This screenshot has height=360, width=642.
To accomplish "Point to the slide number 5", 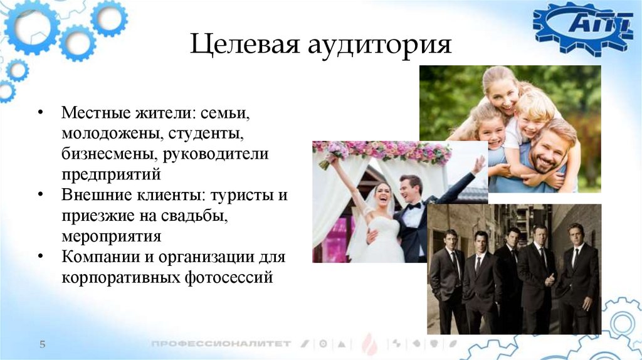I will click(43, 344).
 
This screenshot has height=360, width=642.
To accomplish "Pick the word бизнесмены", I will click(103, 154).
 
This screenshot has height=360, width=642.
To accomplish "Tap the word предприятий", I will click(112, 172).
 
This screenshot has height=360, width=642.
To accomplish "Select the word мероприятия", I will click(112, 236).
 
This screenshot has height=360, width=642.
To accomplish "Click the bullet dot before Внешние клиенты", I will click(40, 194).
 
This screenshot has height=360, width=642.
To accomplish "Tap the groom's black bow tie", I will click(413, 206).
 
